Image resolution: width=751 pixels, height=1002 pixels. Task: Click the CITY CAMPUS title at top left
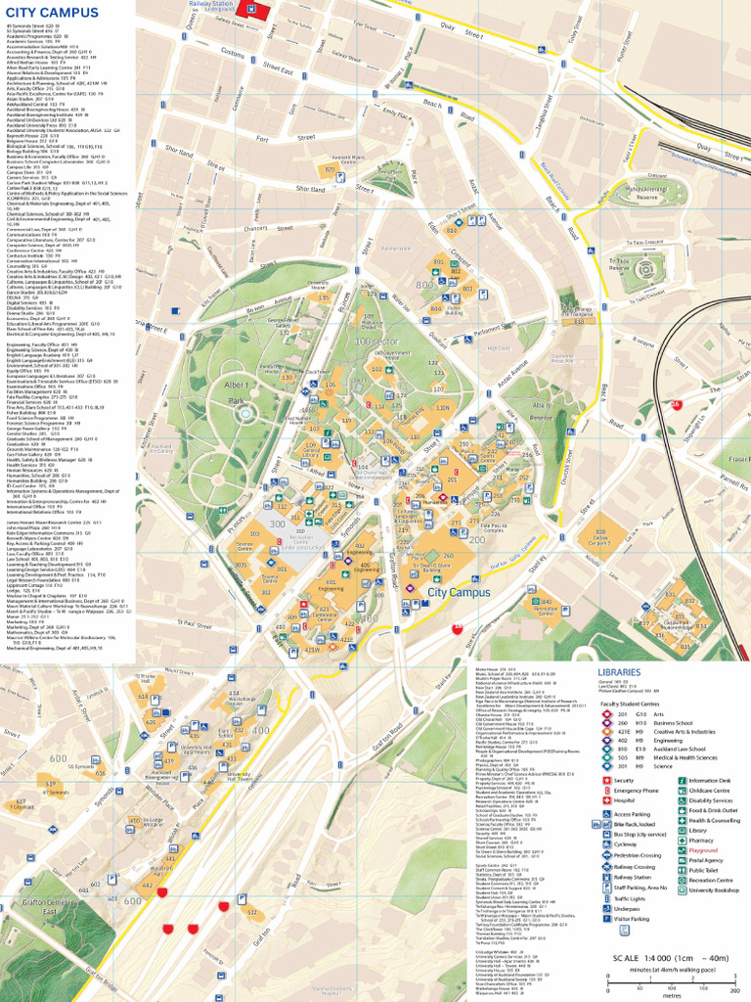tap(53, 13)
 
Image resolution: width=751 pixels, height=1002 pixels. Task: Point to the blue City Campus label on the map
tap(459, 593)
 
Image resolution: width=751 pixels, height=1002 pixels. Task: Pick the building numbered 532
tap(251, 913)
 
